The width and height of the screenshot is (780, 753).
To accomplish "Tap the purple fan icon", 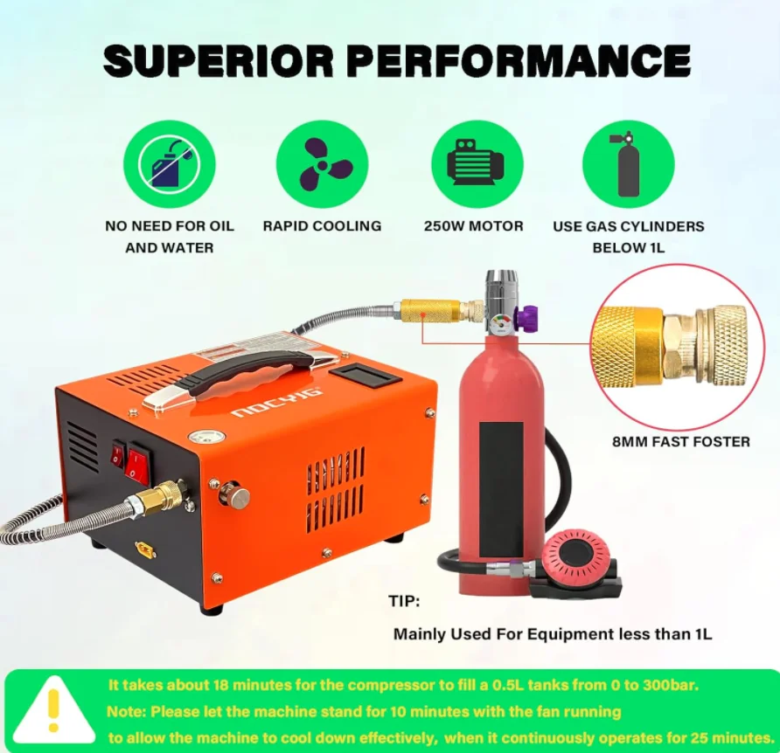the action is point(323,164).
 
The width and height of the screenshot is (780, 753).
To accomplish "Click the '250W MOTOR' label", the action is point(474,226).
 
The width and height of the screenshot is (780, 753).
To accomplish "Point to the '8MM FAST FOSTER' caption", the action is point(680,441).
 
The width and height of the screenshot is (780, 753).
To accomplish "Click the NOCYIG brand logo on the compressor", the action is point(277,402).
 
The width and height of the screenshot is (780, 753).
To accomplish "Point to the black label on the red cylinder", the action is point(501,489).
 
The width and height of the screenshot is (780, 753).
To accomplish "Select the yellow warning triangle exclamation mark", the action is point(53,709).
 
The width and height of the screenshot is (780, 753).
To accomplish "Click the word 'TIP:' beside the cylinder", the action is point(404,601).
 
